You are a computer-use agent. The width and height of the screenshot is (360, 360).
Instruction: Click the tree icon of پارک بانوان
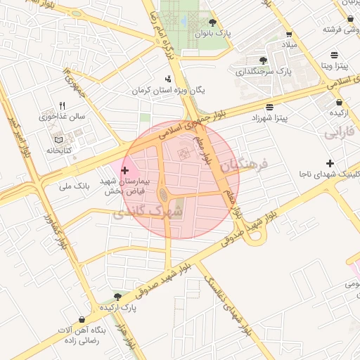212,22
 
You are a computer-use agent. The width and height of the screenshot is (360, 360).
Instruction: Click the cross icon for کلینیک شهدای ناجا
330,163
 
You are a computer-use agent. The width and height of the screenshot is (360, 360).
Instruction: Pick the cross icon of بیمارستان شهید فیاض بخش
125,170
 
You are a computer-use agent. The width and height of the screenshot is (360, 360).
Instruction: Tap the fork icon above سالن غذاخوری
63,105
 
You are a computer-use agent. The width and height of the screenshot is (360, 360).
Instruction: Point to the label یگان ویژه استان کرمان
168,91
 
